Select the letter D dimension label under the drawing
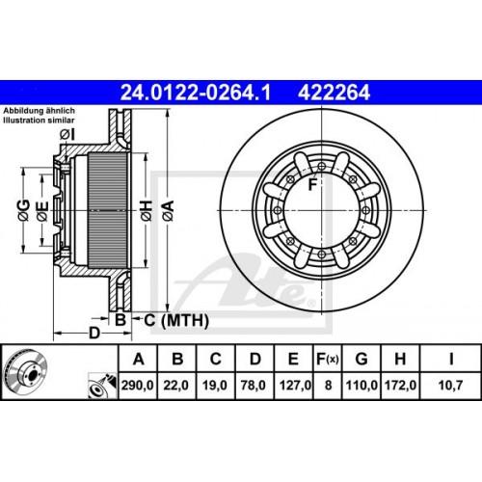pos(94,334)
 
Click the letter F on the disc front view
pos(313,184)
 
